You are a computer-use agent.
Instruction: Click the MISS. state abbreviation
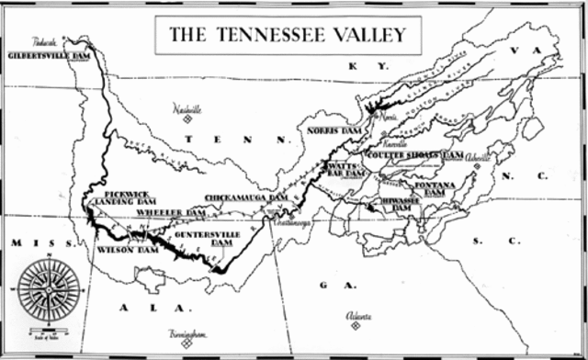(29, 242)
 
